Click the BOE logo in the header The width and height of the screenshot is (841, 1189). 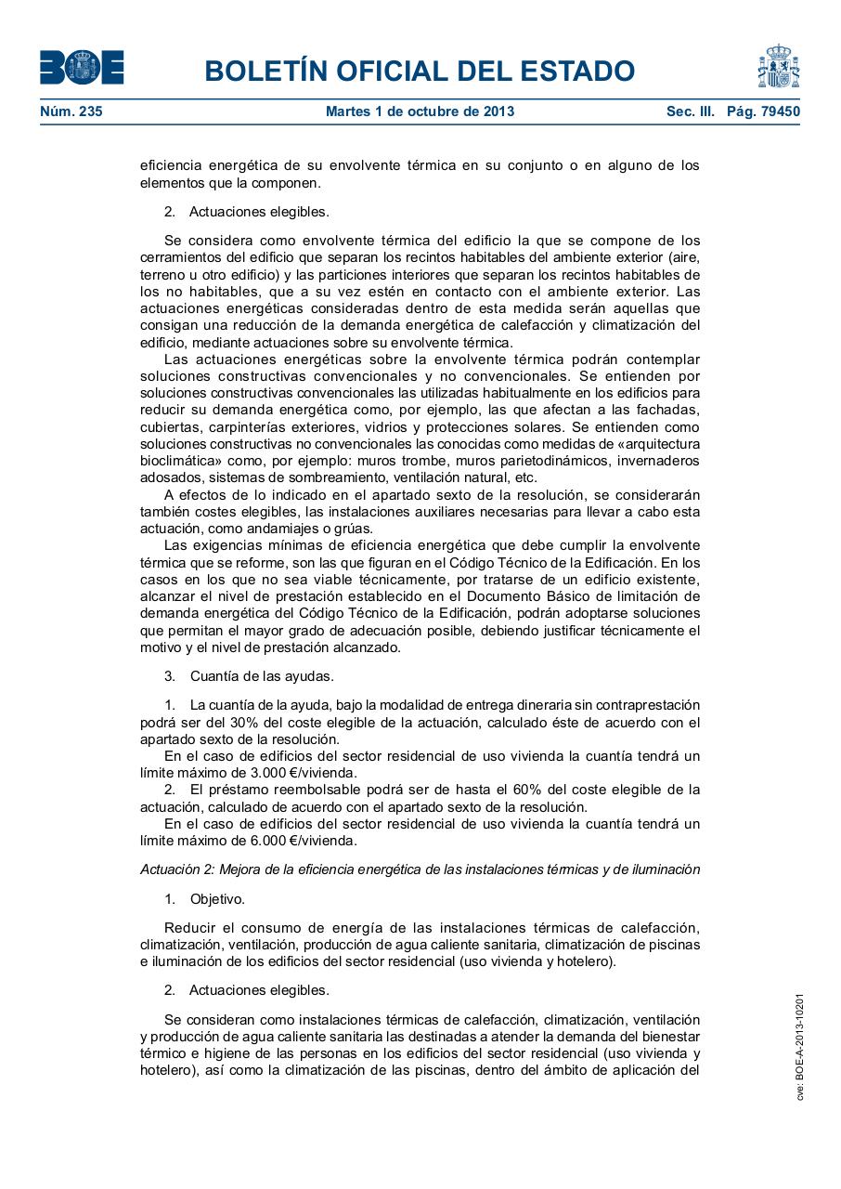[82, 68]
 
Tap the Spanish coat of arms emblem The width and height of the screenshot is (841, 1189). [778, 67]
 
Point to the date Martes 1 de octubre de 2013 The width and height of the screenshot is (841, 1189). [420, 111]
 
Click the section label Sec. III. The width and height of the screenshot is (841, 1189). [690, 111]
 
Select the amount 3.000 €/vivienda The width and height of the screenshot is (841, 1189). [291, 773]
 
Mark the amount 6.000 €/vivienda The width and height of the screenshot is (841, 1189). [291, 841]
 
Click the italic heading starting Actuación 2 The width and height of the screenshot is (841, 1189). [420, 869]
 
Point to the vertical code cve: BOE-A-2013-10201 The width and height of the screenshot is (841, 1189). [799, 1047]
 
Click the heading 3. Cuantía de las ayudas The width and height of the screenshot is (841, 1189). [249, 675]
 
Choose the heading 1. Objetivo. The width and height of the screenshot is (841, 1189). [204, 899]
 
